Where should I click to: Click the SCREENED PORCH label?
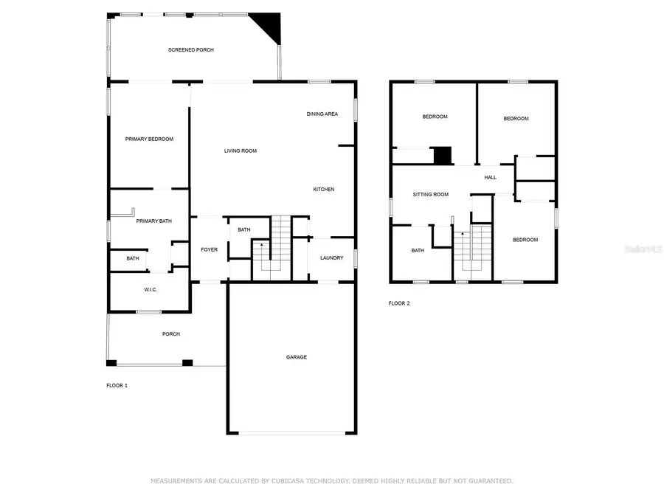click(191, 49)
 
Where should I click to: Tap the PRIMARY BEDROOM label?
click(149, 139)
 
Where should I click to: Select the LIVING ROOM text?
click(241, 151)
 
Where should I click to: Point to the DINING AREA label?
click(322, 114)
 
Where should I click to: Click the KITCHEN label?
click(324, 190)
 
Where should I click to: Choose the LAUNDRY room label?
click(331, 257)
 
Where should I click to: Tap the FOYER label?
click(210, 249)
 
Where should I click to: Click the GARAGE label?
click(297, 357)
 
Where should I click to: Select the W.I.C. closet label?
click(151, 289)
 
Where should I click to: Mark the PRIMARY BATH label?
click(154, 221)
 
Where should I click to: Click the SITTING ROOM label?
click(430, 195)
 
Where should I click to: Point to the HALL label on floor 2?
click(491, 178)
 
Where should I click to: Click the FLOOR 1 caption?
click(117, 385)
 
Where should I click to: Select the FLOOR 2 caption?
click(399, 303)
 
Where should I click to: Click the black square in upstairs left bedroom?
click(442, 156)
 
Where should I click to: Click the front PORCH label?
click(171, 334)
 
